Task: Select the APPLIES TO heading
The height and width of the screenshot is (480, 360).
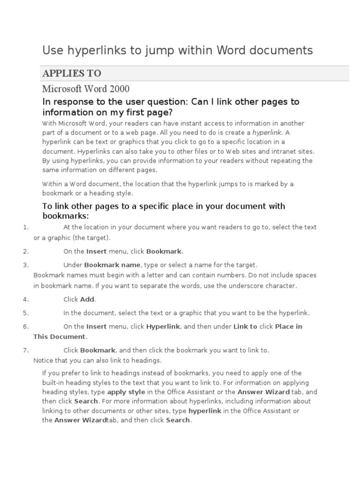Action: (x=72, y=74)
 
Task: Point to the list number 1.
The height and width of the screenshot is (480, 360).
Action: (x=26, y=227)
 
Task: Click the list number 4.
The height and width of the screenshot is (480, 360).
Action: (x=26, y=299)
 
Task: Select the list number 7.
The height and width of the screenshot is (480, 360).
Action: (x=26, y=350)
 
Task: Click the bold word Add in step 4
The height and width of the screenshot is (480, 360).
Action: (x=88, y=299)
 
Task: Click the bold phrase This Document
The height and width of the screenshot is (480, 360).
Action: (x=59, y=337)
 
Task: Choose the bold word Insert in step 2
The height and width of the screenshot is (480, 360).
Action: (x=97, y=251)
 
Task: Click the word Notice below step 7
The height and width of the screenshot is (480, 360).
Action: (x=44, y=360)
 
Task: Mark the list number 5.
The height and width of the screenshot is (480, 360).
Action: (x=26, y=313)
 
